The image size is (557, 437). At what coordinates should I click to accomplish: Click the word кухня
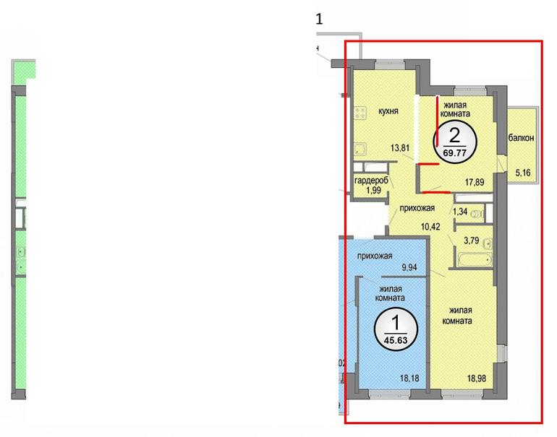(x=388, y=111)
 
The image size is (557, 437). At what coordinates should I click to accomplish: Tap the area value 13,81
(x=400, y=147)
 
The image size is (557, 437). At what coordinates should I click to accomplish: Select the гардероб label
(x=373, y=181)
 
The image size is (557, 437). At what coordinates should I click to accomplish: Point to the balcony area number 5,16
(x=523, y=173)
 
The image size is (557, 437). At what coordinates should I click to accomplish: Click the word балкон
(x=521, y=138)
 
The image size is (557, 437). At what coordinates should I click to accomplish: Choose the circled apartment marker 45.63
(x=396, y=329)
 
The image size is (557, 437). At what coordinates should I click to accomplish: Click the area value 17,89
(x=475, y=182)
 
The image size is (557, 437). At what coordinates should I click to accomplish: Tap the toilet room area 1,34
(x=460, y=212)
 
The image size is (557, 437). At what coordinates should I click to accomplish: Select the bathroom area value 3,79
(x=472, y=241)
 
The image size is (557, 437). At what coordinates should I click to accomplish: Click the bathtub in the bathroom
(x=475, y=259)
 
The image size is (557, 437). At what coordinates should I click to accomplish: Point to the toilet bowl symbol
(x=477, y=214)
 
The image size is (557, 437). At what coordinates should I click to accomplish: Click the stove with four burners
(x=362, y=114)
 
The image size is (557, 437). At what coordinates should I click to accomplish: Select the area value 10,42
(x=430, y=226)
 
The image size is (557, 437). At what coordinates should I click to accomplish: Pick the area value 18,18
(x=409, y=378)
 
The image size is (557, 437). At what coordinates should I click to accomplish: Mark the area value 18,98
(x=477, y=378)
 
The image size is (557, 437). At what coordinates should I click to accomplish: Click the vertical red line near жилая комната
(x=438, y=121)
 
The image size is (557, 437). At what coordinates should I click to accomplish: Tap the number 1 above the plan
(x=319, y=20)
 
